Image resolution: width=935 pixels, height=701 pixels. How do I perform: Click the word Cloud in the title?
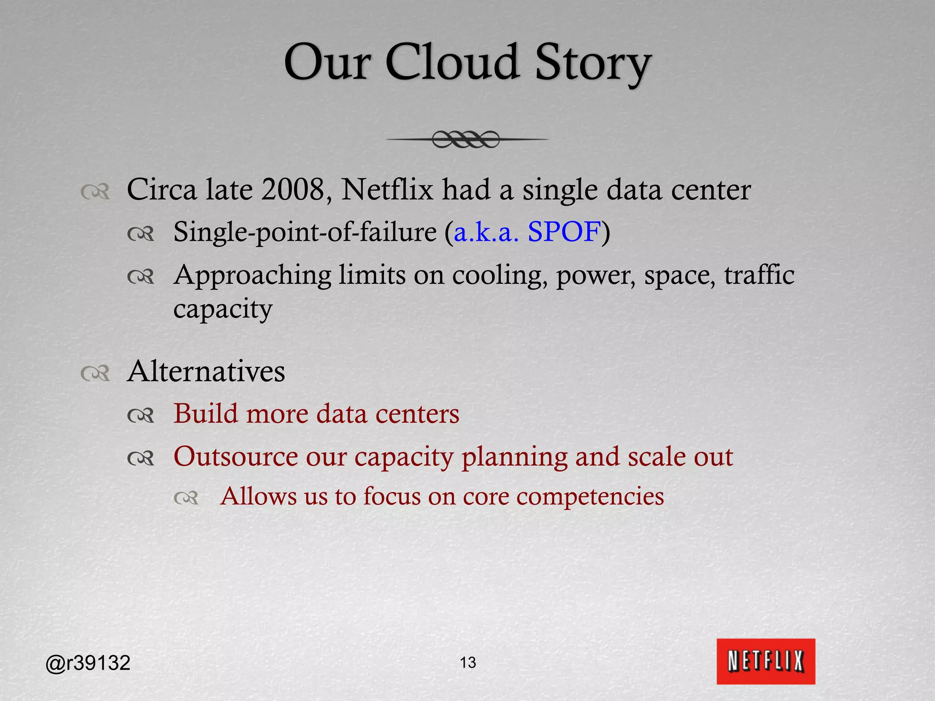tap(452, 63)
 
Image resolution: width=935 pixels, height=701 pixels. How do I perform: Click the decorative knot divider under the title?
tap(466, 139)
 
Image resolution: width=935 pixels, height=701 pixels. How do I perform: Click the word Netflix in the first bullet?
tap(387, 189)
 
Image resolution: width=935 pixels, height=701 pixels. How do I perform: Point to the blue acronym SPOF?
tap(564, 232)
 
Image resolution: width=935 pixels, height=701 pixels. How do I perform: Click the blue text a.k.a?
tap(486, 232)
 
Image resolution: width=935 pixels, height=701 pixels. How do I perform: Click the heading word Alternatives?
tap(206, 371)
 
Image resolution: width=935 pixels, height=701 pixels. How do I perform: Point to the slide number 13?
tap(468, 662)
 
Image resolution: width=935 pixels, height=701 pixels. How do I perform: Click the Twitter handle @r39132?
tap(88, 663)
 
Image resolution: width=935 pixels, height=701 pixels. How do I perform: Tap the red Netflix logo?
tap(766, 661)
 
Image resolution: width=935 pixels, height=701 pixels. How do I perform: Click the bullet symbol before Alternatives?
tap(95, 373)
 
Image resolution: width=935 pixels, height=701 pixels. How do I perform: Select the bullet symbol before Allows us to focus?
tap(186, 498)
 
